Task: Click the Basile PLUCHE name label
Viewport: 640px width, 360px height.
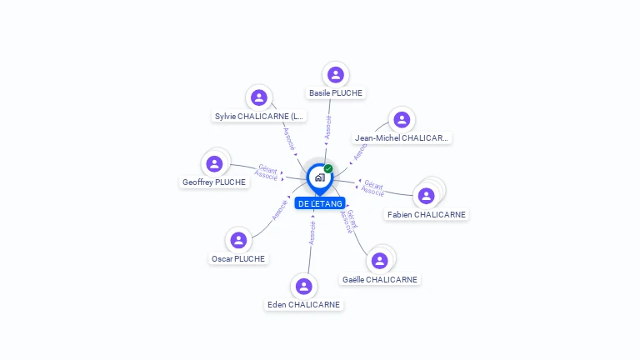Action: point(336,93)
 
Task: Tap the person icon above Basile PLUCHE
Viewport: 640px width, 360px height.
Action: point(336,74)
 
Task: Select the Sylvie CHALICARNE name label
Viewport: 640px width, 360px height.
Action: point(259,117)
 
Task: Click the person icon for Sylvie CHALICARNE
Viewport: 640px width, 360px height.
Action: point(259,97)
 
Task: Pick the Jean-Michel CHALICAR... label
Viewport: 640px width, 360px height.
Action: point(402,138)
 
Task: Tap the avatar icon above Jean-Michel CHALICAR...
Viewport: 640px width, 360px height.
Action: point(402,119)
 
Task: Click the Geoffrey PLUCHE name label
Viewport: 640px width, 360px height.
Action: point(214,182)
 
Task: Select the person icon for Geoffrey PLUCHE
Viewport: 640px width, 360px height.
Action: point(214,162)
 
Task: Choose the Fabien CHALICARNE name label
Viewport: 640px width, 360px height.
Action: point(427,215)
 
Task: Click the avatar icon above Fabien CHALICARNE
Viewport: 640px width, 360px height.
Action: point(427,196)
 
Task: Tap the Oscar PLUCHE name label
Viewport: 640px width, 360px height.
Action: point(238,259)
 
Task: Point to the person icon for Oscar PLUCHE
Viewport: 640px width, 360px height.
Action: point(238,240)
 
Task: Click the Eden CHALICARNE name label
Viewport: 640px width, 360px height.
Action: point(303,305)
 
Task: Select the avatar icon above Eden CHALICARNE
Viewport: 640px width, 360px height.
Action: point(303,286)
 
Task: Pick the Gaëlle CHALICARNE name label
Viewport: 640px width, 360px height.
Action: point(380,280)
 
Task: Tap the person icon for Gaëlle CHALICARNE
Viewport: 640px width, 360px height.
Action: point(380,261)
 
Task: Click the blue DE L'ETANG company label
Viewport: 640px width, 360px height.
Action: point(320,203)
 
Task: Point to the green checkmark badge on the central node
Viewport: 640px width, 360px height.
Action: point(328,168)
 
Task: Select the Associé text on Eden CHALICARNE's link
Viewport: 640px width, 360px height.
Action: point(312,232)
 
